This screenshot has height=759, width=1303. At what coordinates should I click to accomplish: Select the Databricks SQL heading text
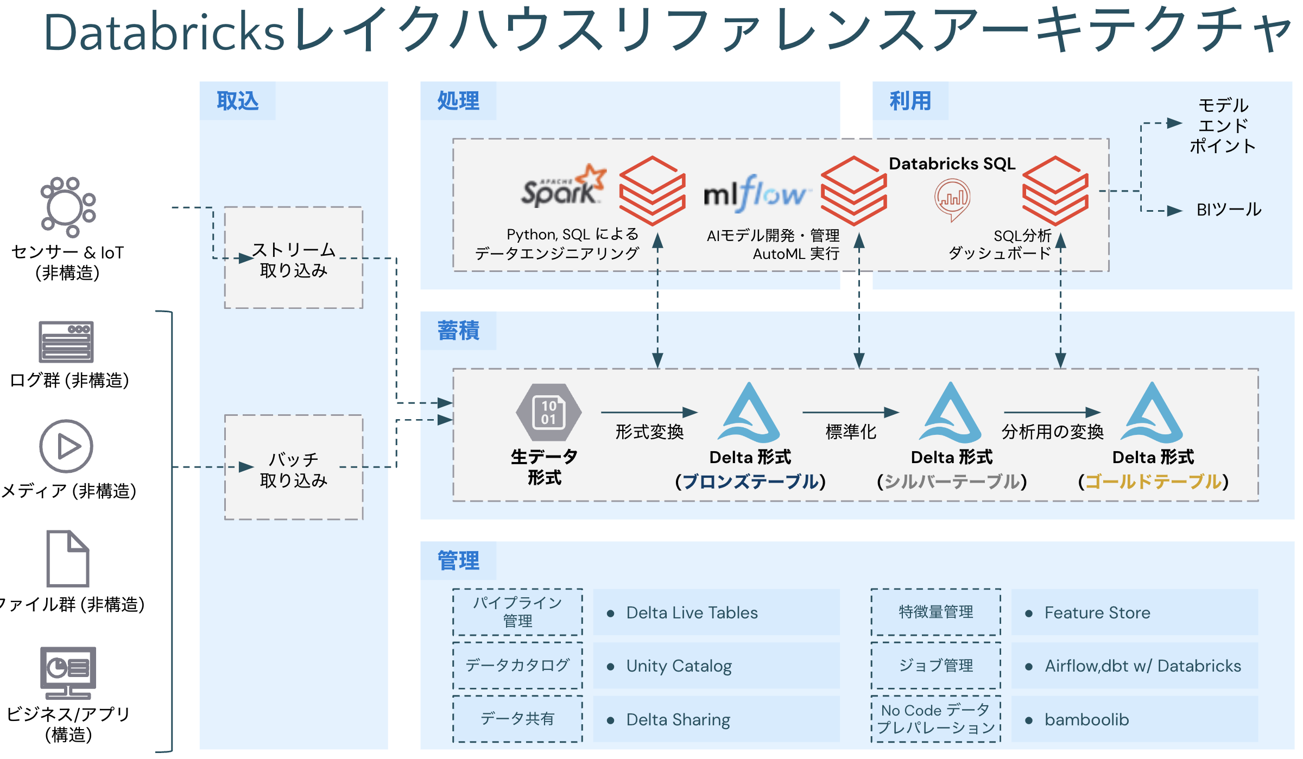click(952, 163)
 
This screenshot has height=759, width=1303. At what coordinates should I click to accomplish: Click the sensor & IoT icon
click(68, 207)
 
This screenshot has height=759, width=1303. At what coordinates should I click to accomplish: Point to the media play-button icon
click(66, 446)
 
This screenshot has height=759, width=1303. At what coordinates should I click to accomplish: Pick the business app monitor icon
click(68, 673)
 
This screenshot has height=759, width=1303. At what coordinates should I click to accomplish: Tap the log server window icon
click(66, 341)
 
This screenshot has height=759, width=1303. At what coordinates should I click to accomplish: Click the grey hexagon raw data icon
click(548, 413)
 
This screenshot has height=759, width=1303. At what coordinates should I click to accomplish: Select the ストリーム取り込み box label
click(294, 260)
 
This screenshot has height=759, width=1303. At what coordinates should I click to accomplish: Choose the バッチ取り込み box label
click(294, 470)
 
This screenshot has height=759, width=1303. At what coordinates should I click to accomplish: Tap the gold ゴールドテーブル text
click(1153, 482)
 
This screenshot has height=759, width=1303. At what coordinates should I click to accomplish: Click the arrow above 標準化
click(850, 413)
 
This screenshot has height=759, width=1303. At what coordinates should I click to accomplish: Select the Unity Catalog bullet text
click(679, 666)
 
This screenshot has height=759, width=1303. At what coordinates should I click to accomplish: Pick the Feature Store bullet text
click(1097, 613)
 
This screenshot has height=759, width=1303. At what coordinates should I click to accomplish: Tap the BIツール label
click(1229, 210)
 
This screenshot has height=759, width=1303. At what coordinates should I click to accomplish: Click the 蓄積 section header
click(458, 331)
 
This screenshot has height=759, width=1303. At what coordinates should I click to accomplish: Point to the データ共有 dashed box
click(517, 719)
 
